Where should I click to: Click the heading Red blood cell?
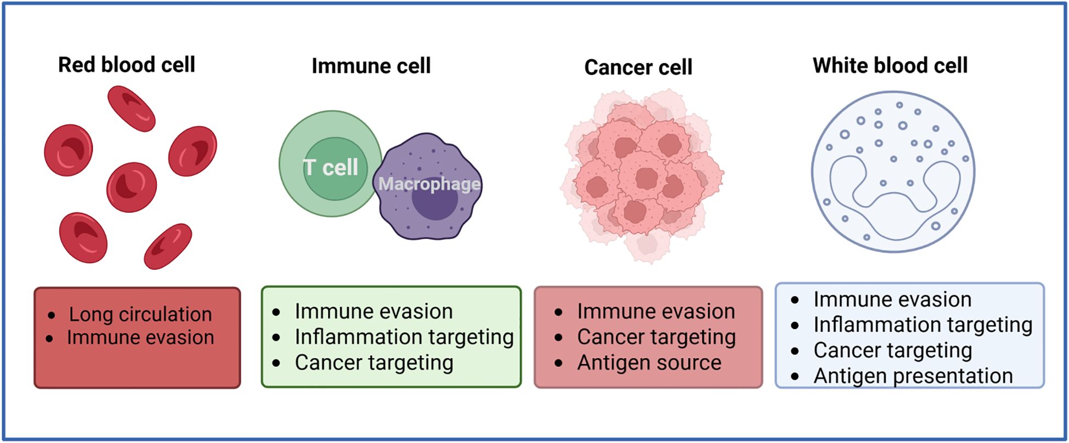tap(127, 65)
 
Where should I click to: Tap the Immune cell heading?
tap(371, 66)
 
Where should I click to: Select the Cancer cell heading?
tap(638, 67)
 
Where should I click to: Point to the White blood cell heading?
tap(890, 65)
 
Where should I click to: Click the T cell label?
tap(331, 167)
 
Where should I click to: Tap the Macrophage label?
tap(429, 184)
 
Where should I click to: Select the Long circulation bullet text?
tap(140, 314)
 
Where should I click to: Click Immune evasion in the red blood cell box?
tap(140, 337)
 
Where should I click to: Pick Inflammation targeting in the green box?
tap(404, 337)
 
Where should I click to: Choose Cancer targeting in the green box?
tap(374, 362)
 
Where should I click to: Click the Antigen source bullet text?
tap(649, 362)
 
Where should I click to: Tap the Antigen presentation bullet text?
tap(913, 376)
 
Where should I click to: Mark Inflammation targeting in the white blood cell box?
tap(923, 325)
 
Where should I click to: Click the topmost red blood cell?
tap(131, 108)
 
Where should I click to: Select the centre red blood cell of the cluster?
tap(132, 187)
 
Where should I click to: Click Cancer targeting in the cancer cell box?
tap(656, 337)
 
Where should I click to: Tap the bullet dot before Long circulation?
tap(52, 315)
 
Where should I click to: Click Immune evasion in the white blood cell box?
tap(892, 299)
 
